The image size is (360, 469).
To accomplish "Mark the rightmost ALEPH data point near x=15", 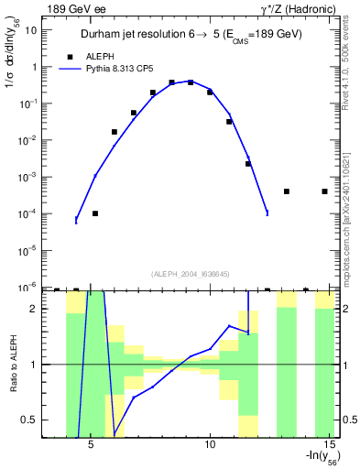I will tap(325, 191).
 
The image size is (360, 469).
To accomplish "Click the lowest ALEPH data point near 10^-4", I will tap(95, 213).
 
